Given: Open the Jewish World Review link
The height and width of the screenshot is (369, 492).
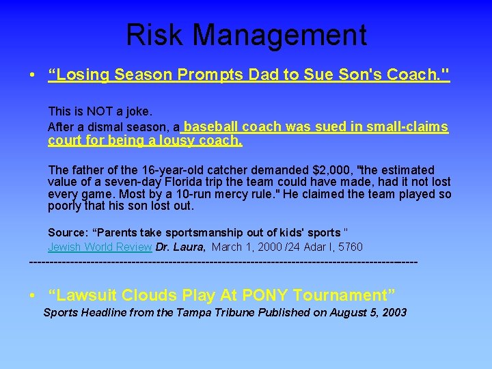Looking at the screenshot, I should pyautogui.click(x=100, y=247).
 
